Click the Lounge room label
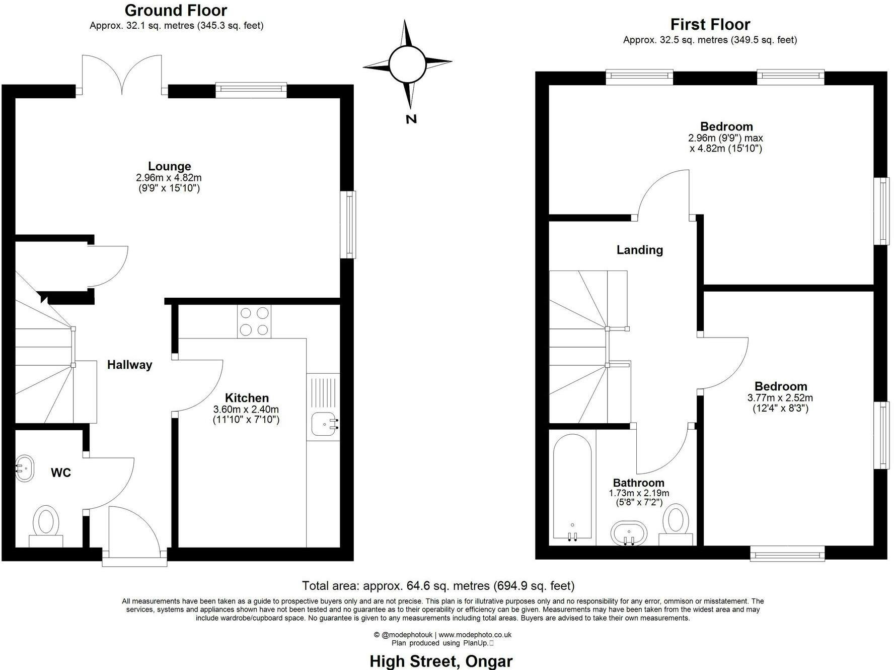[169, 166]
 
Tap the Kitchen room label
[247, 398]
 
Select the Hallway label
[129, 365]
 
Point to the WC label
[61, 473]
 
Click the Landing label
[640, 250]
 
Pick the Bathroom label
[639, 483]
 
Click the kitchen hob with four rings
[254, 321]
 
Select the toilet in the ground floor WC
[46, 525]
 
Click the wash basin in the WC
[24, 468]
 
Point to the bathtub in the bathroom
[572, 487]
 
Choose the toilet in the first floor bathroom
[676, 524]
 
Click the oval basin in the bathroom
[629, 533]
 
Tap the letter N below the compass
[411, 119]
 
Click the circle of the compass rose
[408, 64]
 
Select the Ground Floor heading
[176, 10]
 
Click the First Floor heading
[710, 24]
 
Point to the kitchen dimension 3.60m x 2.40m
[246, 409]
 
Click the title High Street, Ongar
[441, 661]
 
